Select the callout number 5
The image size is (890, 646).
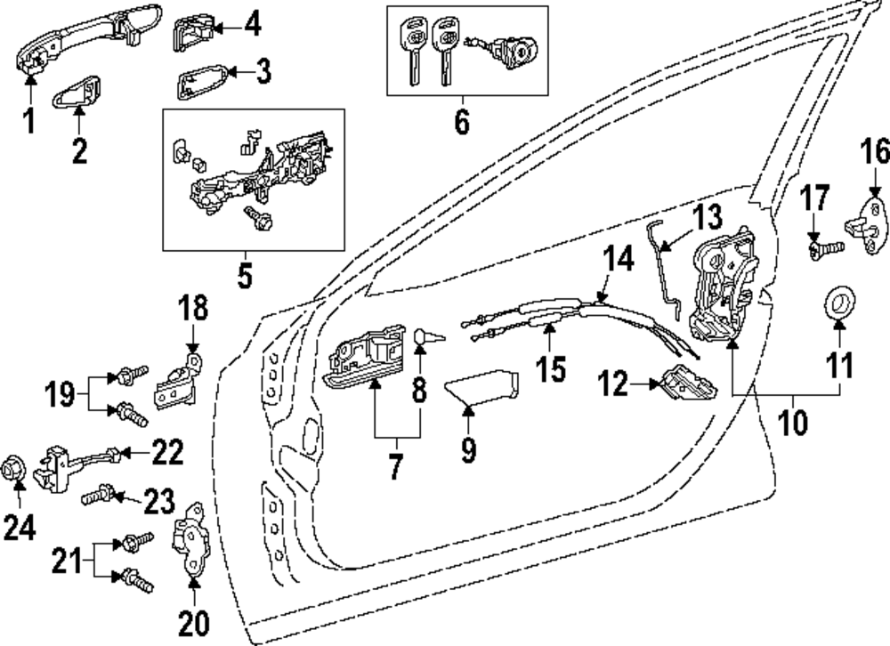pyautogui.click(x=245, y=274)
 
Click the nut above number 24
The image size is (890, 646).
pyautogui.click(x=16, y=467)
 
